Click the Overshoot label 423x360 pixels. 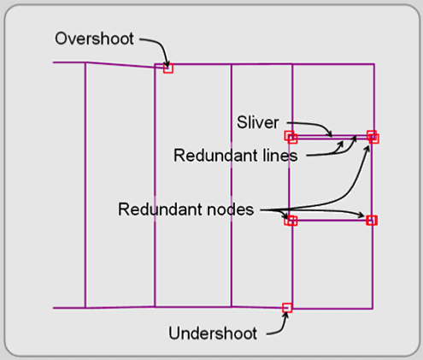click(93, 38)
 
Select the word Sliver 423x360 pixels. click(257, 123)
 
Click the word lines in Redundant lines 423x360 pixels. click(276, 156)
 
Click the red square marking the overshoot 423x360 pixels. click(168, 68)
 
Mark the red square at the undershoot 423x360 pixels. click(287, 307)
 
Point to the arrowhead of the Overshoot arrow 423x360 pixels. click(165, 62)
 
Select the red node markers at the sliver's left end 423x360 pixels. click(291, 137)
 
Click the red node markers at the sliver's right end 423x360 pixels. click(373, 136)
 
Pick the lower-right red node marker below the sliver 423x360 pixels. click(372, 221)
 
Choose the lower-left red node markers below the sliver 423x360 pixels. click(291, 221)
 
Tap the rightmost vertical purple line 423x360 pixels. click(373, 257)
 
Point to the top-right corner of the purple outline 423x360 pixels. click(373, 65)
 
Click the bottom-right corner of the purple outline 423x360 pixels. click(373, 307)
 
